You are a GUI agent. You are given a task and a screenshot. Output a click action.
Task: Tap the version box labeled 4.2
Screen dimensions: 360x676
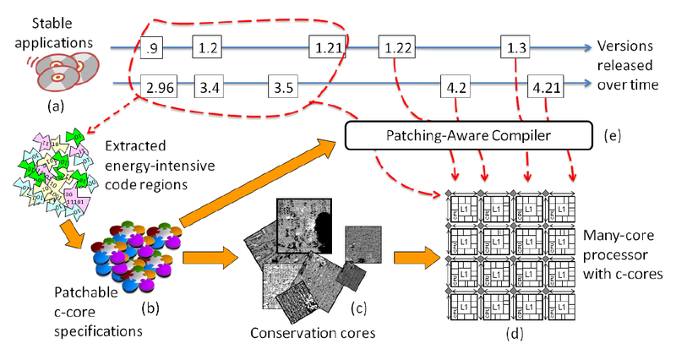point(455,86)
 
